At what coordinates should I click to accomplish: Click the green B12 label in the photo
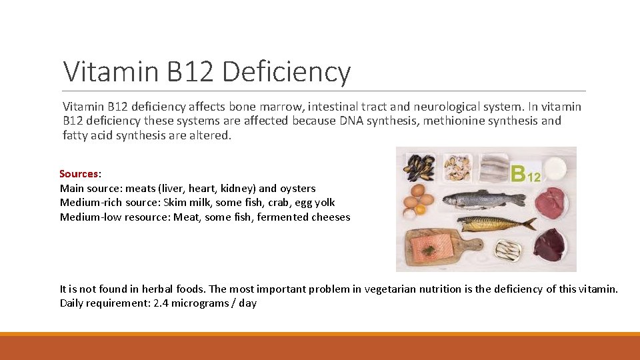click(526, 174)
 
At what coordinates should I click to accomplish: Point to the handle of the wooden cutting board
click(474, 243)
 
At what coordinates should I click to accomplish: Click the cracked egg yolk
click(409, 213)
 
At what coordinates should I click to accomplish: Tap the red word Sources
click(79, 174)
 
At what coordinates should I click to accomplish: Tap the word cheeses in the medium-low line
click(331, 217)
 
